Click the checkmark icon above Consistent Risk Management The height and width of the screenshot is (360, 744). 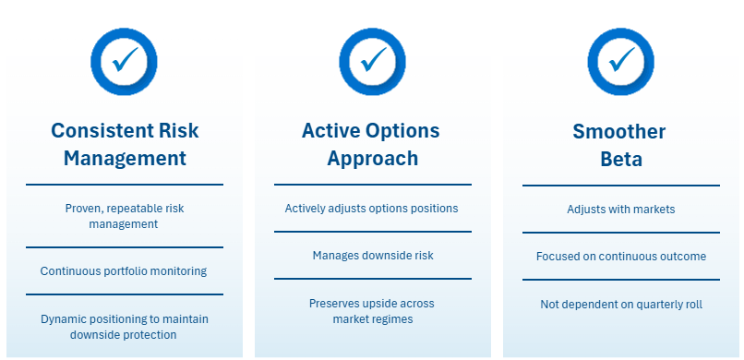point(124,62)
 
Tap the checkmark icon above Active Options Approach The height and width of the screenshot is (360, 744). point(373,62)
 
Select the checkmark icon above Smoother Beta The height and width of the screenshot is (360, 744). point(620,62)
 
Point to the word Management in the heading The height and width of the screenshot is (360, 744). point(125,158)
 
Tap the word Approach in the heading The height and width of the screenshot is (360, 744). point(373,158)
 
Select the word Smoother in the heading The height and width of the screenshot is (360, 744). point(619,131)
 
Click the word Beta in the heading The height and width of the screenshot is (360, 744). point(621,159)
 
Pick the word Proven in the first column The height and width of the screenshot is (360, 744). point(79,209)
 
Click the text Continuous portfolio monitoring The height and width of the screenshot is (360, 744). point(124,271)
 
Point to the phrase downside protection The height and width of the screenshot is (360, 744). point(124,334)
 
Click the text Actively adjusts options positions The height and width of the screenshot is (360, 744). point(371,209)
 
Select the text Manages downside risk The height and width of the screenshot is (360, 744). point(373,255)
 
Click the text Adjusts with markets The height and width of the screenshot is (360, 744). point(620,210)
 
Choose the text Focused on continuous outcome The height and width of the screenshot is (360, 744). point(621,256)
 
